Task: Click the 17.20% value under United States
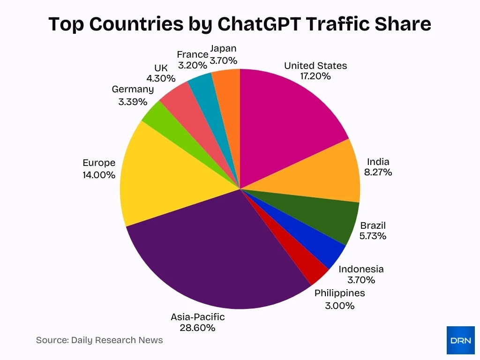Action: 315,76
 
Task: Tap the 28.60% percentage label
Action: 197,328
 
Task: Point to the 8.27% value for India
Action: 378,172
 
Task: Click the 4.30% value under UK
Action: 161,78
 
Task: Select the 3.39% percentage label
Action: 133,101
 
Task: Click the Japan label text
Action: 223,49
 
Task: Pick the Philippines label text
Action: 339,293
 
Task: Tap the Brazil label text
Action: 373,225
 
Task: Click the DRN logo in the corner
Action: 460,340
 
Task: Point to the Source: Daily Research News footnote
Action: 99,340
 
